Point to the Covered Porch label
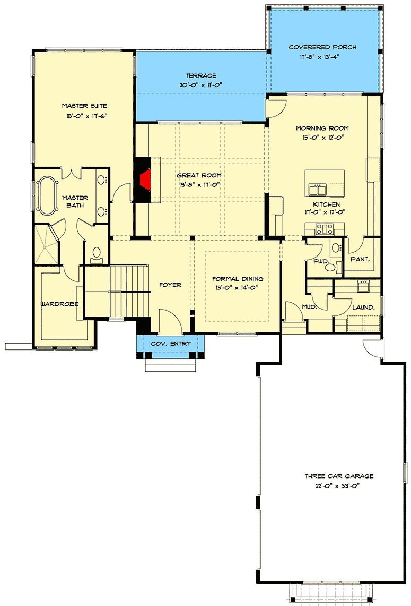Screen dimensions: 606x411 (322, 47)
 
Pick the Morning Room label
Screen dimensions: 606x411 (322, 129)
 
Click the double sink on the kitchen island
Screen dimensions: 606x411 (318, 190)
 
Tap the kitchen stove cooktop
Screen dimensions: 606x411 (324, 229)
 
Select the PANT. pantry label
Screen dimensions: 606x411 (360, 259)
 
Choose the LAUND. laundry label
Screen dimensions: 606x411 (363, 307)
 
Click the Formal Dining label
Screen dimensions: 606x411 (238, 278)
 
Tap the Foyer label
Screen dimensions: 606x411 (170, 285)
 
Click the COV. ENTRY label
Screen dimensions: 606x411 (170, 344)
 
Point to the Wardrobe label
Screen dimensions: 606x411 (60, 304)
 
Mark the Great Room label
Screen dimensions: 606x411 (199, 175)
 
